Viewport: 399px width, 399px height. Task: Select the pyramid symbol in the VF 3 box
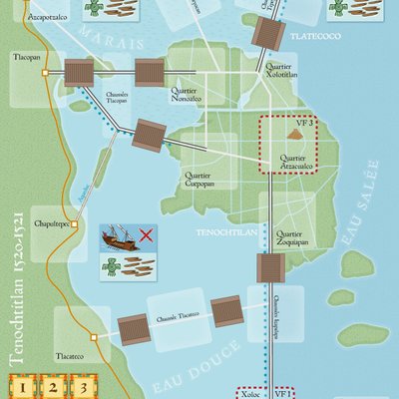pyautogui.click(x=295, y=133)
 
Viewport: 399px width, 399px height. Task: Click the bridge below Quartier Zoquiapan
pyautogui.click(x=270, y=268)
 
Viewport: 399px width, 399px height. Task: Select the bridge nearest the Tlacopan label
pyautogui.click(x=78, y=72)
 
